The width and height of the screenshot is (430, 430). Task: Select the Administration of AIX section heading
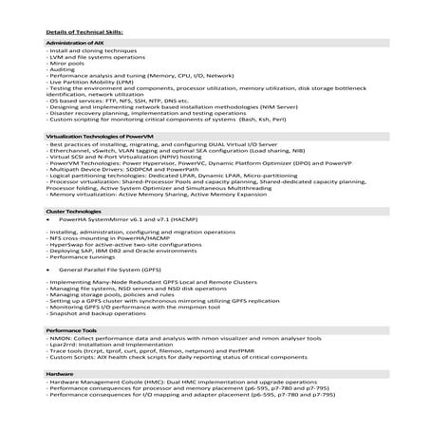click(76, 44)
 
